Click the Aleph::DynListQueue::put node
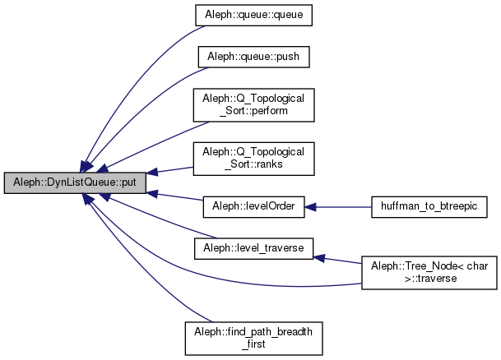(x=75, y=182)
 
